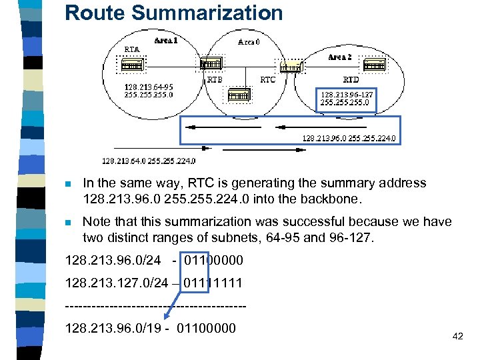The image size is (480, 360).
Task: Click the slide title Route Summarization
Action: coord(173,13)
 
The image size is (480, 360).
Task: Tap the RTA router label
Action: coord(132,49)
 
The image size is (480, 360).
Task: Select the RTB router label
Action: coord(215,79)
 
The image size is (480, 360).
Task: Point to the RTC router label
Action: coord(267,79)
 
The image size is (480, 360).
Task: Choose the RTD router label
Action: coord(351,79)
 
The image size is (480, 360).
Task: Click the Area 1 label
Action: coord(166,40)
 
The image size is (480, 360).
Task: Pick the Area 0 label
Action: coord(249,41)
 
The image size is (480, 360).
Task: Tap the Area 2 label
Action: coord(340,57)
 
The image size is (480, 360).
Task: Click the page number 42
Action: coord(457,336)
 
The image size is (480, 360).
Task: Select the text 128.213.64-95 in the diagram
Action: coord(149,87)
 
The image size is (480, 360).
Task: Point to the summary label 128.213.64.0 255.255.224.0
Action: coord(149,160)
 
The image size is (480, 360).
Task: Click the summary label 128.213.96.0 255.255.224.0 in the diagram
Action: coord(349,139)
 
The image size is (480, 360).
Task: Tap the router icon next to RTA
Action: coord(130,65)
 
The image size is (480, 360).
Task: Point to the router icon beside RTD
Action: coord(373,65)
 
